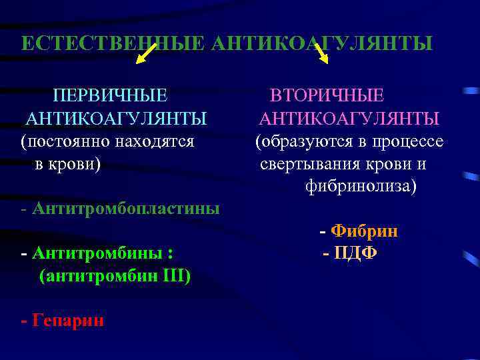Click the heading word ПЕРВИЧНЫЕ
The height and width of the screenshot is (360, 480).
pyautogui.click(x=110, y=95)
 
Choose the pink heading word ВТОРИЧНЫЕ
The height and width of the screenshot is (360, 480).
pyautogui.click(x=327, y=95)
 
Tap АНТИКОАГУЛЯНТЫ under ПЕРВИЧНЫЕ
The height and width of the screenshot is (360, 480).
pyautogui.click(x=116, y=119)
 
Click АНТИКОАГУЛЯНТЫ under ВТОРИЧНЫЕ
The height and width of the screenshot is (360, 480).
pyautogui.click(x=349, y=119)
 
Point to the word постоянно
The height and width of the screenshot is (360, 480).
pyautogui.click(x=67, y=141)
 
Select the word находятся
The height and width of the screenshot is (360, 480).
pyautogui.click(x=156, y=141)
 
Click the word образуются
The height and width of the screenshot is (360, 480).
pyautogui.click(x=301, y=141)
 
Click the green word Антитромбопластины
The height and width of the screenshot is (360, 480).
pyautogui.click(x=125, y=209)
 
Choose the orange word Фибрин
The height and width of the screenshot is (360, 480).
pyautogui.click(x=365, y=231)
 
